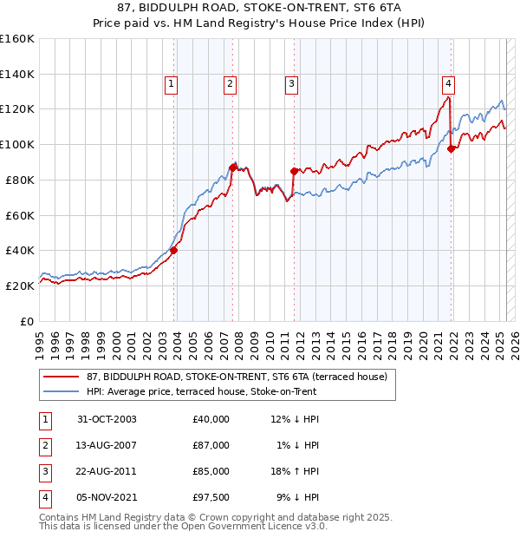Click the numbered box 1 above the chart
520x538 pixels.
pyautogui.click(x=172, y=84)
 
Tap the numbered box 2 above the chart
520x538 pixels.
pyautogui.click(x=230, y=84)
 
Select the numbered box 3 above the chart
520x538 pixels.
pyautogui.click(x=291, y=84)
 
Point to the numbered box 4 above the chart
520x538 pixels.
pyautogui.click(x=449, y=84)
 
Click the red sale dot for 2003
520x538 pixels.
pyautogui.click(x=174, y=250)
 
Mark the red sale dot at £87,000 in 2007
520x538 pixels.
pyautogui.click(x=232, y=167)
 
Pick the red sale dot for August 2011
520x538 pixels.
pyautogui.click(x=294, y=170)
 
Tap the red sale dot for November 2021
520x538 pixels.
pyautogui.click(x=451, y=148)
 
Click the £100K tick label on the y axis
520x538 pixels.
pyautogui.click(x=16, y=144)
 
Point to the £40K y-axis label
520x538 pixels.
pyautogui.click(x=20, y=250)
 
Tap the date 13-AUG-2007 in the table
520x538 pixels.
pyautogui.click(x=107, y=445)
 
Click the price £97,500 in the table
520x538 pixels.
pyautogui.click(x=211, y=497)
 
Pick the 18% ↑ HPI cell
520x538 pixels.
pyautogui.click(x=295, y=471)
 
